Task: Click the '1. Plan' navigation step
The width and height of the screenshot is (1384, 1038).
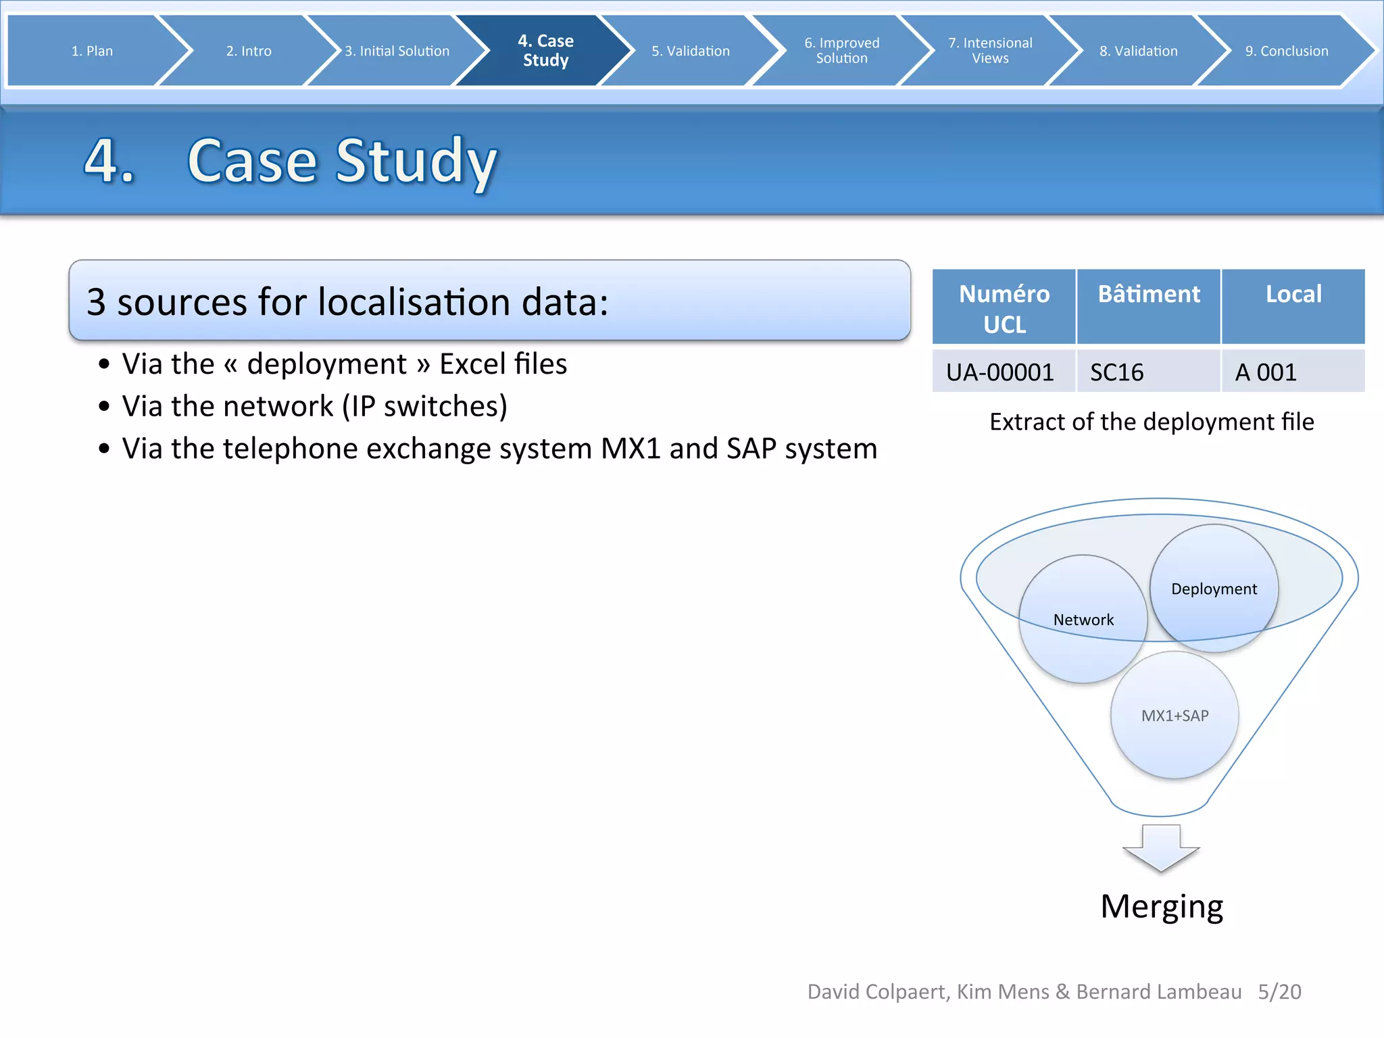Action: coord(92,51)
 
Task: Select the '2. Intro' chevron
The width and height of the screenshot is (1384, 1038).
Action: coord(249,51)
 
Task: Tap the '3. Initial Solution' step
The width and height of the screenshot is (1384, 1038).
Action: coord(397,51)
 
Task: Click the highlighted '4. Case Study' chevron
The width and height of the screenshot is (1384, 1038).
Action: coord(545,51)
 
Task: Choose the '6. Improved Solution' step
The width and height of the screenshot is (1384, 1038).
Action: coord(841,51)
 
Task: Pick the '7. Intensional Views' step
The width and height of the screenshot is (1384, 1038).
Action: coord(990,51)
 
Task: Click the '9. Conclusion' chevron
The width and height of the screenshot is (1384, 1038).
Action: coord(1286,51)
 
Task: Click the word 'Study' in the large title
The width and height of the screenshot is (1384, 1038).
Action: coord(416,162)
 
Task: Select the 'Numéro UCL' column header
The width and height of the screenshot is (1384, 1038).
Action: coord(1004,308)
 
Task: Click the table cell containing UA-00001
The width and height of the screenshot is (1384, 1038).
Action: coord(1000,372)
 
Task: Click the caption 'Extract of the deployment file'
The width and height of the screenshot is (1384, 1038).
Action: coord(1152,422)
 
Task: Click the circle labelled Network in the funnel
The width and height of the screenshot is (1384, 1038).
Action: coord(1083,619)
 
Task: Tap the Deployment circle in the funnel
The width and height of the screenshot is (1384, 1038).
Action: coord(1214,588)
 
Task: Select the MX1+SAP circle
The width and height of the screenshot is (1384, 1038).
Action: coord(1175,715)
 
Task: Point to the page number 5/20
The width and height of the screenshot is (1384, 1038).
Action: coord(1279,991)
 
